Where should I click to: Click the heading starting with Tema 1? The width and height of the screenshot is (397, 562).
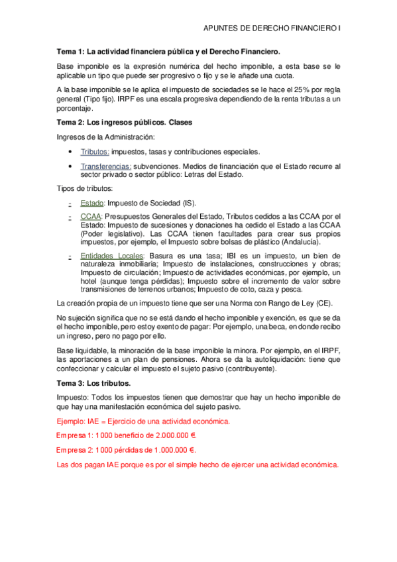point(168,51)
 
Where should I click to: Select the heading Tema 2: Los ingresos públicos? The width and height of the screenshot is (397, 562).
point(125,123)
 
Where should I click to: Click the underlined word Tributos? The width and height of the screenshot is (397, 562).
point(95,152)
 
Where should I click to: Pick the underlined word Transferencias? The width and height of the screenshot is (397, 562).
point(106,166)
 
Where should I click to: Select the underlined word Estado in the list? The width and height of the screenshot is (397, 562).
point(91,203)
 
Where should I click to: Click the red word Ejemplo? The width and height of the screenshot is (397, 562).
point(71,421)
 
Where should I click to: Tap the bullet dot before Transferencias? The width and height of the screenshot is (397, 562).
point(70,166)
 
